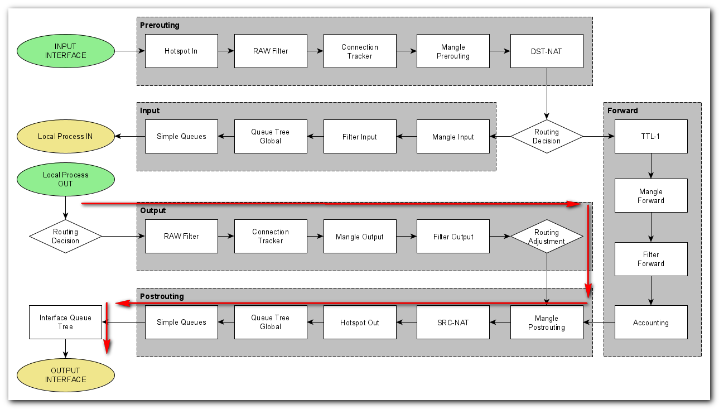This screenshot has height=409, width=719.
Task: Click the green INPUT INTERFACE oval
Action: pyautogui.click(x=66, y=51)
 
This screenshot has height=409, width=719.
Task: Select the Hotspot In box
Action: pyautogui.click(x=181, y=51)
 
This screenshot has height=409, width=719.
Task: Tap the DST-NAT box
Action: pyautogui.click(x=547, y=51)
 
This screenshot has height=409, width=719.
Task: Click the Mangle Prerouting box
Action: pyautogui.click(x=453, y=51)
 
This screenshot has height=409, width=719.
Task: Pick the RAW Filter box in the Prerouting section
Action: pyautogui.click(x=271, y=51)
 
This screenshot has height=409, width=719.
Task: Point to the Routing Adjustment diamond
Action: pyautogui.click(x=547, y=237)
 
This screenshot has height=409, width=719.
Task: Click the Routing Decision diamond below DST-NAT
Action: pyautogui.click(x=547, y=136)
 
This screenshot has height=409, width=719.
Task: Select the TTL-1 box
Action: pyautogui.click(x=651, y=136)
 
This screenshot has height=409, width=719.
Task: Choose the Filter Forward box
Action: pyautogui.click(x=651, y=259)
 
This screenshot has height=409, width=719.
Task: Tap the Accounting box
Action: pyautogui.click(x=651, y=323)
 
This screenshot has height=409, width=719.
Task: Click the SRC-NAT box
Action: pyautogui.click(x=453, y=323)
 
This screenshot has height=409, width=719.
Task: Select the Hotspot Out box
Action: pyautogui.click(x=360, y=323)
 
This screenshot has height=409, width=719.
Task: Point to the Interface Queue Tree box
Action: pyautogui.click(x=65, y=322)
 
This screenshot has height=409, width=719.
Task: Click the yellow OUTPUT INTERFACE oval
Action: pyautogui.click(x=66, y=375)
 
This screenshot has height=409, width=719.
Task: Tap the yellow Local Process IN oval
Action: pyautogui.click(x=66, y=136)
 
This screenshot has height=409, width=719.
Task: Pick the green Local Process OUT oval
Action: pyautogui.click(x=66, y=179)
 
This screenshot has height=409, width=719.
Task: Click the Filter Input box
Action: pyautogui.click(x=360, y=137)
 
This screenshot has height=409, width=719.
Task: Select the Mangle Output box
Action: pyautogui.click(x=360, y=237)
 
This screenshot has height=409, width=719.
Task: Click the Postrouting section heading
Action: pyautogui.click(x=162, y=296)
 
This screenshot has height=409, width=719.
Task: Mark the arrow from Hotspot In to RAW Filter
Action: pyautogui.click(x=226, y=51)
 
